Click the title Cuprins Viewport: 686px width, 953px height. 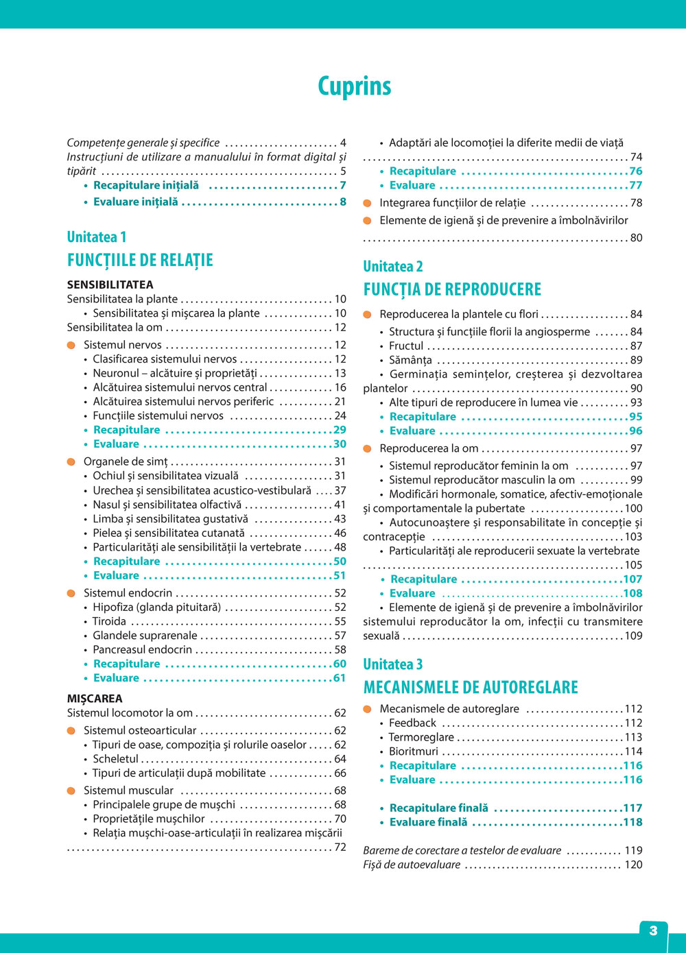tap(354, 86)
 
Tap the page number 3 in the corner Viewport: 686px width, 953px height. tap(653, 930)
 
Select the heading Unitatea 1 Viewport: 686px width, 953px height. tap(97, 237)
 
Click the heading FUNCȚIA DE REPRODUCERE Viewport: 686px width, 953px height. tap(452, 289)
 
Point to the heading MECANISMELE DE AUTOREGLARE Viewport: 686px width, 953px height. tap(471, 688)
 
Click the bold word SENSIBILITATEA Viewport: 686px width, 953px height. tap(110, 285)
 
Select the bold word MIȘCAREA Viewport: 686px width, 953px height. tap(95, 699)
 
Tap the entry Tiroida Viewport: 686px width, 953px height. tap(110, 621)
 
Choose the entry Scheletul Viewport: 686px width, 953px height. tap(116, 759)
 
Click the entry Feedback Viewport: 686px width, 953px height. tap(412, 723)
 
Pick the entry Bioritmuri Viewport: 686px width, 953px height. tap(414, 751)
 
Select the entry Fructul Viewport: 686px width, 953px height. tap(406, 346)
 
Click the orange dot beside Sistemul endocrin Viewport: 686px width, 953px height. tap(71, 593)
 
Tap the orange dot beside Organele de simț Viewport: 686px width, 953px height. tap(71, 461)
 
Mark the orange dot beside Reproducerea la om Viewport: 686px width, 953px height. tap(367, 448)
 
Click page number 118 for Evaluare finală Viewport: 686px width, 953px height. tap(632, 822)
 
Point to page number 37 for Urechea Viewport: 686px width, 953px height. tap(340, 490)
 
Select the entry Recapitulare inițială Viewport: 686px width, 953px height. tap(146, 185)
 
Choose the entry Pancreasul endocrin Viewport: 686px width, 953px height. tap(143, 649)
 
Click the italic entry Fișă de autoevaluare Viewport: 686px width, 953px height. tap(412, 865)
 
